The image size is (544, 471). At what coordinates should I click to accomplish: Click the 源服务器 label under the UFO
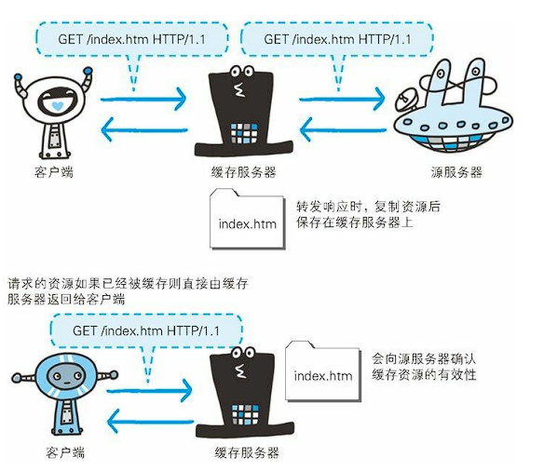[456, 172]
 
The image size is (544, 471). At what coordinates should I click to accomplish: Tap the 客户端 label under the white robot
[54, 172]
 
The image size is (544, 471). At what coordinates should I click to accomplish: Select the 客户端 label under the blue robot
[65, 452]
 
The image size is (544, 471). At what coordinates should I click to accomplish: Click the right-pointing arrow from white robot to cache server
[143, 99]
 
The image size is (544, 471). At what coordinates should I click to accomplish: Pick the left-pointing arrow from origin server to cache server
[343, 130]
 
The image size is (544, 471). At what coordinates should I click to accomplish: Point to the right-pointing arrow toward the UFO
[342, 99]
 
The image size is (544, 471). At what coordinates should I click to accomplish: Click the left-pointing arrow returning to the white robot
[144, 130]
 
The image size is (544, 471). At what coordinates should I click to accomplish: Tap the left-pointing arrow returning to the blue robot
[150, 422]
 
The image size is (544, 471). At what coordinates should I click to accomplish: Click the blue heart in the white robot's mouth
[57, 105]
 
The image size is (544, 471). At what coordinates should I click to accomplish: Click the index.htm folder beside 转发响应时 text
[247, 219]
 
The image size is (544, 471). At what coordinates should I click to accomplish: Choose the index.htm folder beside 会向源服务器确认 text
[323, 370]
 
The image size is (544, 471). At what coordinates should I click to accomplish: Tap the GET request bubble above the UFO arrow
[337, 39]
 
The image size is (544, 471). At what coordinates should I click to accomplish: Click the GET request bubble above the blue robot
[146, 330]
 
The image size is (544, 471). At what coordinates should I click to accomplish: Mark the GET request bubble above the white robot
[132, 39]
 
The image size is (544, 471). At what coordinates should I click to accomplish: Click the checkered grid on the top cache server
[244, 133]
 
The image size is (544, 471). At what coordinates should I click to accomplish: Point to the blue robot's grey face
[65, 376]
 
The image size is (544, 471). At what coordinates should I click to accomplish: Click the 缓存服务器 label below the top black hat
[243, 172]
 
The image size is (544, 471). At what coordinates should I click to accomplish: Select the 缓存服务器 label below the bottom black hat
[247, 452]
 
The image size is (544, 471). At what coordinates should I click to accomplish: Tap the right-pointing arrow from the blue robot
[149, 391]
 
